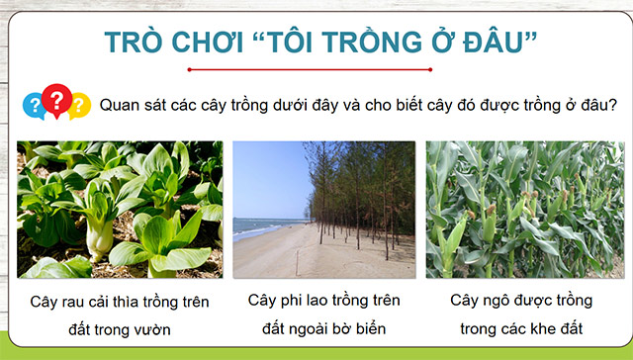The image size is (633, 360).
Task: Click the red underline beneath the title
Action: click(316, 70)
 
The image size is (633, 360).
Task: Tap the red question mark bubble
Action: click(56, 99)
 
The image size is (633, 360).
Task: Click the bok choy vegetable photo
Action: click(120, 209)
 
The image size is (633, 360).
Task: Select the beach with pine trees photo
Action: click(323, 209)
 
